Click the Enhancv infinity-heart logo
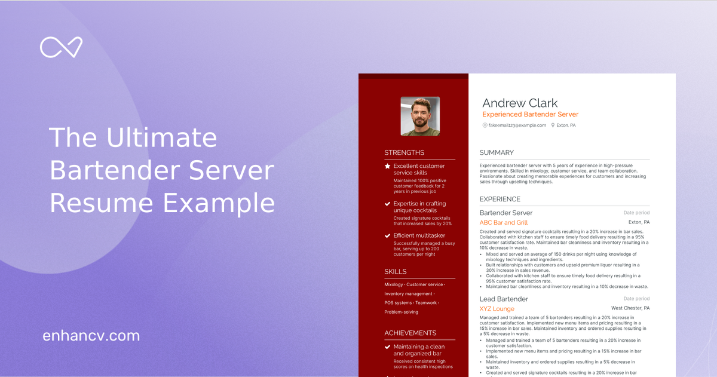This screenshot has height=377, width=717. pos(61,47)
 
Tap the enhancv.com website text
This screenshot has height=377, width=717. pos(91,336)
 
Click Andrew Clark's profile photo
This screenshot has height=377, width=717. pos(420,116)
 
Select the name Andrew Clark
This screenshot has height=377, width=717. pos(520,103)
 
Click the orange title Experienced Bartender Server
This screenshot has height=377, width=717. pos(530,114)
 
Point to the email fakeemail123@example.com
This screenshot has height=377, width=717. pos(517,125)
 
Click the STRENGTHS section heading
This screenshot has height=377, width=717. pos(405,152)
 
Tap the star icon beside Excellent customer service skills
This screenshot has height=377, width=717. pos(388,166)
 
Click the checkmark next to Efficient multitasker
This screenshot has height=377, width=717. pos(388,236)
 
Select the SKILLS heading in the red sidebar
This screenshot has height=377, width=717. pos(396,271)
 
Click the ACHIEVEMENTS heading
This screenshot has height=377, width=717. pos(410,333)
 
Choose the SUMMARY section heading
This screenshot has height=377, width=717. pos(497,152)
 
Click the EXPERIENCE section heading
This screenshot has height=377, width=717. pos(500,199)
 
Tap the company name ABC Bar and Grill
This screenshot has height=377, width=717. pos(504,222)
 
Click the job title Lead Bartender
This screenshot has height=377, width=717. pos(504,299)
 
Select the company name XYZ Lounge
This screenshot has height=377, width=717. pos(497,308)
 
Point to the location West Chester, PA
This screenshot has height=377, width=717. pos(630,308)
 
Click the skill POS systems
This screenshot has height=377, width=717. pos(398,303)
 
